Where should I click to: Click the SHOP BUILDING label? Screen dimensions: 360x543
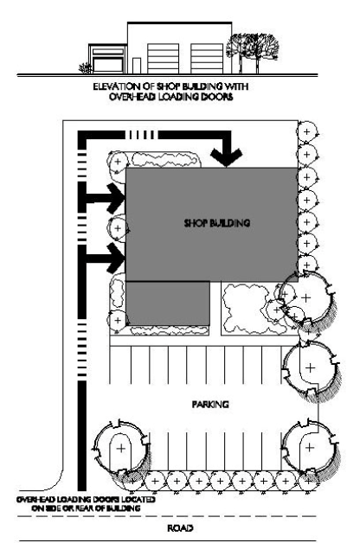[x=217, y=223]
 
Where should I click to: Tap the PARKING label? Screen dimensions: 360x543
[x=210, y=404]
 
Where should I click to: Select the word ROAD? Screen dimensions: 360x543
[x=180, y=528]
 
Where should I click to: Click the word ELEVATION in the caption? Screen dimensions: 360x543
[x=116, y=86]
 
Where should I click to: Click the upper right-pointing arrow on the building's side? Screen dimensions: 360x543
[x=105, y=198]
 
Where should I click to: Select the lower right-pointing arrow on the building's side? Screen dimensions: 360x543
[x=105, y=259]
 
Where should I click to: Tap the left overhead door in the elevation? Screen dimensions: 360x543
[x=164, y=59]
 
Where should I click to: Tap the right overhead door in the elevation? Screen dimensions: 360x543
[x=207, y=59]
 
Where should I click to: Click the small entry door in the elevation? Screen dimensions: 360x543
[x=137, y=66]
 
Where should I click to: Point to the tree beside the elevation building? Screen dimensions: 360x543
[x=252, y=52]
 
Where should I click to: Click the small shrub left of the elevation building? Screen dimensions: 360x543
[x=86, y=67]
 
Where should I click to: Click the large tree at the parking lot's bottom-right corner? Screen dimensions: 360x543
[x=310, y=447]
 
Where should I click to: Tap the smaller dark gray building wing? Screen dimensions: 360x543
[x=168, y=303]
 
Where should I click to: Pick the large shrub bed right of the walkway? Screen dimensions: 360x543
[x=248, y=309]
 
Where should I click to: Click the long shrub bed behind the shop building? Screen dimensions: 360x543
[x=164, y=160]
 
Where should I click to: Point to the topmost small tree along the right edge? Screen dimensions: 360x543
[x=306, y=131]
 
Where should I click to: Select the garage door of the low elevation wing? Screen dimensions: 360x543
[x=108, y=65]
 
